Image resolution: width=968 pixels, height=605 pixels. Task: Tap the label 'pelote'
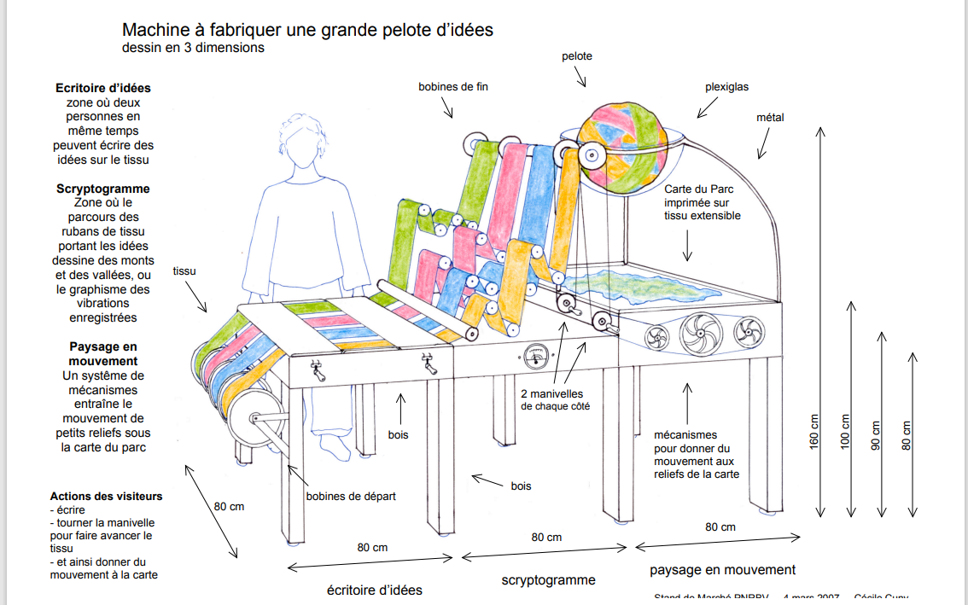click(x=576, y=56)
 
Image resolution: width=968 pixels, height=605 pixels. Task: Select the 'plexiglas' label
click(x=726, y=87)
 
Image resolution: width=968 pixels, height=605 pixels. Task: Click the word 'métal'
click(x=769, y=117)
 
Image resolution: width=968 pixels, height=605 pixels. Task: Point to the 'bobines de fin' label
click(x=452, y=86)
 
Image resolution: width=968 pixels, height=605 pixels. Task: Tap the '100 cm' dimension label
click(x=846, y=431)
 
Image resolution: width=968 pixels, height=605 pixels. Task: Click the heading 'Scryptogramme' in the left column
click(x=102, y=189)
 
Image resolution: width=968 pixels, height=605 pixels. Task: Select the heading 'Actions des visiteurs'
click(x=106, y=496)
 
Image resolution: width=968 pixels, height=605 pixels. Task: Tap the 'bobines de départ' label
click(x=351, y=496)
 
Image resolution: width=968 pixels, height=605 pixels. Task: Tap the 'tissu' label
click(x=184, y=271)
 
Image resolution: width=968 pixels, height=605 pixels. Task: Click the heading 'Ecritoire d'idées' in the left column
click(x=102, y=88)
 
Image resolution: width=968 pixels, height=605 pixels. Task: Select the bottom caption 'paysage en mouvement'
click(x=722, y=569)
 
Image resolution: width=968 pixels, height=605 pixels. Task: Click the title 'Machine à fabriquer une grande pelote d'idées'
click(x=307, y=30)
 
